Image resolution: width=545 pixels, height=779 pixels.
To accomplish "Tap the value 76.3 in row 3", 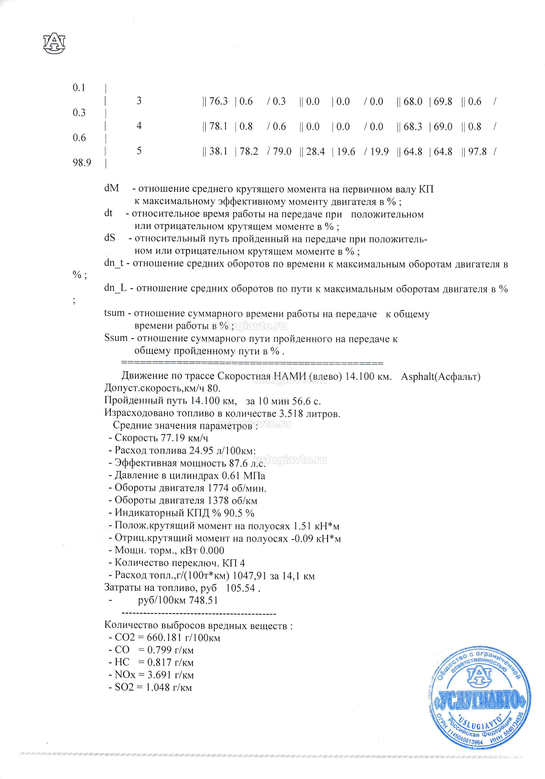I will tap(218, 101).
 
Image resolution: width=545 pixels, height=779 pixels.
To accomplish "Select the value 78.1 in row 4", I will tap(218, 127).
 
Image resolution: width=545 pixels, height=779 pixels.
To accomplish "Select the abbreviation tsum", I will tap(115, 313).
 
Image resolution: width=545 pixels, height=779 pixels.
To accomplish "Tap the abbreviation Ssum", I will tap(116, 338).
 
